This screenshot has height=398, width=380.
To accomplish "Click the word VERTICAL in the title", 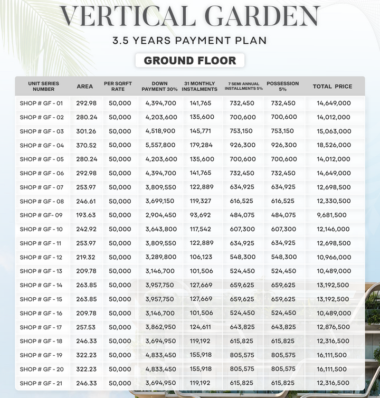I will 127,16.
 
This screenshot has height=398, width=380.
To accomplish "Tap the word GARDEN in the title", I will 262,16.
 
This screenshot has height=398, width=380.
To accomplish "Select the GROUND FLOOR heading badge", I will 190,60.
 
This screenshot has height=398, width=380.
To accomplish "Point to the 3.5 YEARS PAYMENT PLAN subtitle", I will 189,41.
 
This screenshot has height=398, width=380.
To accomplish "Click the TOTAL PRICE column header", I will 332,86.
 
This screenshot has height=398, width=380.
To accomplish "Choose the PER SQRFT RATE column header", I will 118,86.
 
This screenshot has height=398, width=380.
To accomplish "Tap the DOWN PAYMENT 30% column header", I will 160,86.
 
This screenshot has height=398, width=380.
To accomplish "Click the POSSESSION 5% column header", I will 283,86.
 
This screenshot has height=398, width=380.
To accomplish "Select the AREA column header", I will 84,86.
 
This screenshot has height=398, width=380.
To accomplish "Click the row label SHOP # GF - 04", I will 41,145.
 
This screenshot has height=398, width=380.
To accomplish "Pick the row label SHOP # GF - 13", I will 41,271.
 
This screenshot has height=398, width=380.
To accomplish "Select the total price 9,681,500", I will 332,215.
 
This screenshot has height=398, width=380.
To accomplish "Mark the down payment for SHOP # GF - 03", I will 160,131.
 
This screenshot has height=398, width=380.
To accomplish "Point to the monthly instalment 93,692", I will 201,215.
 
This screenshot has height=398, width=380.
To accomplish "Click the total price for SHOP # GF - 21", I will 334,383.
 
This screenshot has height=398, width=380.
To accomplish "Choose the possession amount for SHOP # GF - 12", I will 283,257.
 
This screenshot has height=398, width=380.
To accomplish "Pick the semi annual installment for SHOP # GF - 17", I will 243,327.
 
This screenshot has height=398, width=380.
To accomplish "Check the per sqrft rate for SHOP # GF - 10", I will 120,229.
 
